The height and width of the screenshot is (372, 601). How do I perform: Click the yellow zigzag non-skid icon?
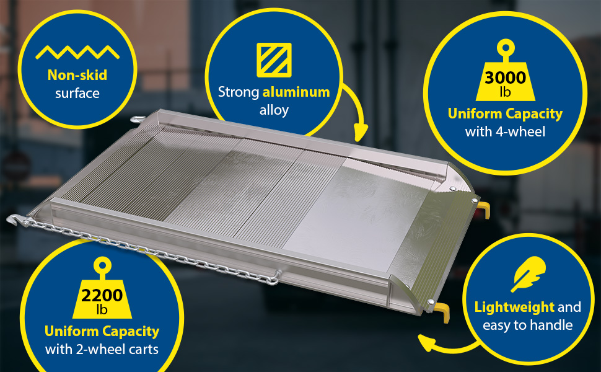click(77, 53)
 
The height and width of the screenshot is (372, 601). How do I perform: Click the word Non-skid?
click(77, 75)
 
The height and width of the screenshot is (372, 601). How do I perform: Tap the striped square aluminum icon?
click(274, 60)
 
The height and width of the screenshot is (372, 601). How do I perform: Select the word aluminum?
click(296, 92)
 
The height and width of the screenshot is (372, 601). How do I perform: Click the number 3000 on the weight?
click(505, 78)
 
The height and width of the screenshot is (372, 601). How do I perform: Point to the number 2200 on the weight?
click(102, 295)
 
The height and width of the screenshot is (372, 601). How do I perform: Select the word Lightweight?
click(514, 307)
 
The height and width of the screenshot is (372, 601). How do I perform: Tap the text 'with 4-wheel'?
click(505, 132)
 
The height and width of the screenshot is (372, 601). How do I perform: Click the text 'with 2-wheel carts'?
click(102, 350)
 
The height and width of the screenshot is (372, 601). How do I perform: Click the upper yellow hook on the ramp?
click(484, 210)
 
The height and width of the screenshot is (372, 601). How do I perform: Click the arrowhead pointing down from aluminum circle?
click(361, 133)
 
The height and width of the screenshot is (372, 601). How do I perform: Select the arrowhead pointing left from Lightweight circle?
click(426, 342)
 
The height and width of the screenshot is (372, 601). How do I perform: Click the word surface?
click(77, 93)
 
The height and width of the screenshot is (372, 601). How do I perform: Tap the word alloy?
click(274, 110)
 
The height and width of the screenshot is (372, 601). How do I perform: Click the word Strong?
click(239, 92)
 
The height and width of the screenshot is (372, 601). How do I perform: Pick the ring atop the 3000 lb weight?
click(506, 48)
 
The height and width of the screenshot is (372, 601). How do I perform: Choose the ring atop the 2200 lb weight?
click(102, 265)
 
